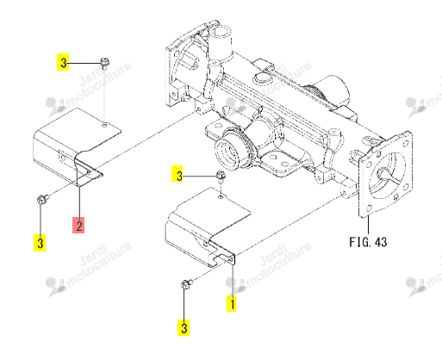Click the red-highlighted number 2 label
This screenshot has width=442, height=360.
78,225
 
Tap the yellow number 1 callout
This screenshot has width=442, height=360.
232,303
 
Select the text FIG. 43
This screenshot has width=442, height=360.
368,242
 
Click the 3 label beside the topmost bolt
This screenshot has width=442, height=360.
63,62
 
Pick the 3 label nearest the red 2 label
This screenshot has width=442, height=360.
40,243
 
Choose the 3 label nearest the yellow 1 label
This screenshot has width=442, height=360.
184,327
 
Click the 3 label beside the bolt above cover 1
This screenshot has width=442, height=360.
178,174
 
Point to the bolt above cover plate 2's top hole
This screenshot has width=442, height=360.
104,63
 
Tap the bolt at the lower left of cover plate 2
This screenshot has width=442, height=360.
43,199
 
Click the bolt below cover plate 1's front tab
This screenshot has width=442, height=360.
187,284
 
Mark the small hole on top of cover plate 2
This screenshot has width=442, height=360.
105,125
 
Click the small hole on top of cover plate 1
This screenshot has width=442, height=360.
221,197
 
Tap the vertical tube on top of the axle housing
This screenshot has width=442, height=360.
220,41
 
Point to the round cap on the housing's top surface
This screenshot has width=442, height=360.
260,78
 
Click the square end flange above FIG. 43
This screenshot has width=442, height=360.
385,175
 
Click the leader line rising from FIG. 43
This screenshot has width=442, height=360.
368,226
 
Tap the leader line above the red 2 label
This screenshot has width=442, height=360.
78,202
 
